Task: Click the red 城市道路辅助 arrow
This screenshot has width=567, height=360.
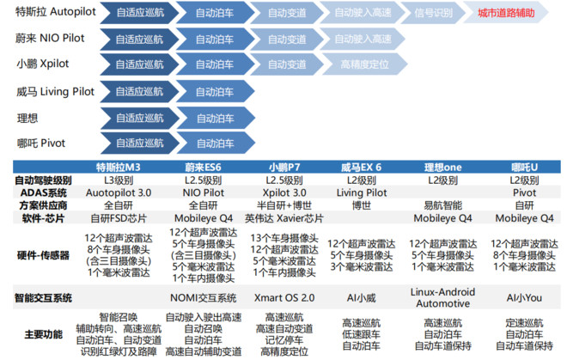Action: (x=506, y=13)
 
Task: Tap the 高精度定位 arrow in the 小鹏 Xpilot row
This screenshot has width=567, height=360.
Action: (x=364, y=64)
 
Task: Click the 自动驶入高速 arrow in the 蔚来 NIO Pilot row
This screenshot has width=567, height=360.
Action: (x=363, y=39)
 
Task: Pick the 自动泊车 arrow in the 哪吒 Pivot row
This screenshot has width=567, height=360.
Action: (x=216, y=143)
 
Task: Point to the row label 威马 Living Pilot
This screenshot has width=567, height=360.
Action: (x=55, y=92)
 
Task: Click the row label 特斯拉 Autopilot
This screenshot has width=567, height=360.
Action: (x=56, y=11)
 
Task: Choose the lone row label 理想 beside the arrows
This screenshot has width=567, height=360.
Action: (x=27, y=118)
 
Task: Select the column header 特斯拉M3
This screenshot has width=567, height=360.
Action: (x=119, y=168)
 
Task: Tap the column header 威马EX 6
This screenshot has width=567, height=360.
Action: (x=361, y=168)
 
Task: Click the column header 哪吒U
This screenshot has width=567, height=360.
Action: (x=524, y=168)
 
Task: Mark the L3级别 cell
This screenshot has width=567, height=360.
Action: (x=119, y=180)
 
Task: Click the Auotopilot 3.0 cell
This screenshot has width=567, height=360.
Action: (x=119, y=192)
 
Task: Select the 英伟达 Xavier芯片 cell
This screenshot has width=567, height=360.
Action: (x=284, y=218)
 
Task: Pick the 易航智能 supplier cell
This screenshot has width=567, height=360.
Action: (x=443, y=205)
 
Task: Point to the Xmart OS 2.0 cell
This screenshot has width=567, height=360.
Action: (x=284, y=298)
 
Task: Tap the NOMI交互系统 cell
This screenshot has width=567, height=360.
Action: (x=204, y=298)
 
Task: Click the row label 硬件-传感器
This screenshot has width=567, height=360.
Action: (x=43, y=255)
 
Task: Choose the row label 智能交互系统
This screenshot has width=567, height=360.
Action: (x=43, y=298)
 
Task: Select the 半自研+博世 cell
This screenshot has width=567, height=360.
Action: (x=284, y=205)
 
